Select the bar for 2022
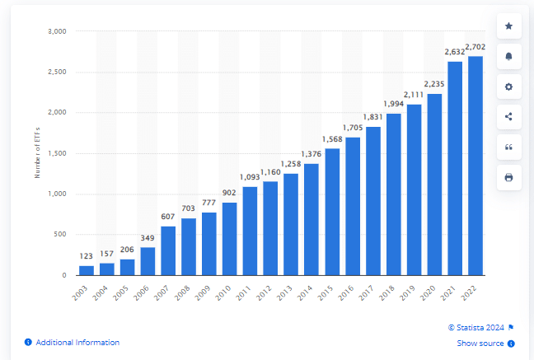[x=475, y=166]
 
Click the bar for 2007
[x=168, y=250]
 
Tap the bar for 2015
[x=332, y=212]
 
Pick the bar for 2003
[x=87, y=270]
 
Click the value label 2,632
[x=455, y=52]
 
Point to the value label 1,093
[x=250, y=177]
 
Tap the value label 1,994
[x=393, y=104]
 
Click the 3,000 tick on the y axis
[x=57, y=31]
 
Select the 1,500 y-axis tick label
[x=57, y=153]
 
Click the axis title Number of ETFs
[x=37, y=154]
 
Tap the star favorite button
[x=508, y=26]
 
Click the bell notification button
[x=508, y=56]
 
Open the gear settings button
[x=508, y=86]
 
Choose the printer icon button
[x=508, y=177]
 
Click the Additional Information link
[x=77, y=343]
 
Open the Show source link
[x=481, y=344]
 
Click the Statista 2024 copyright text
[x=477, y=327]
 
